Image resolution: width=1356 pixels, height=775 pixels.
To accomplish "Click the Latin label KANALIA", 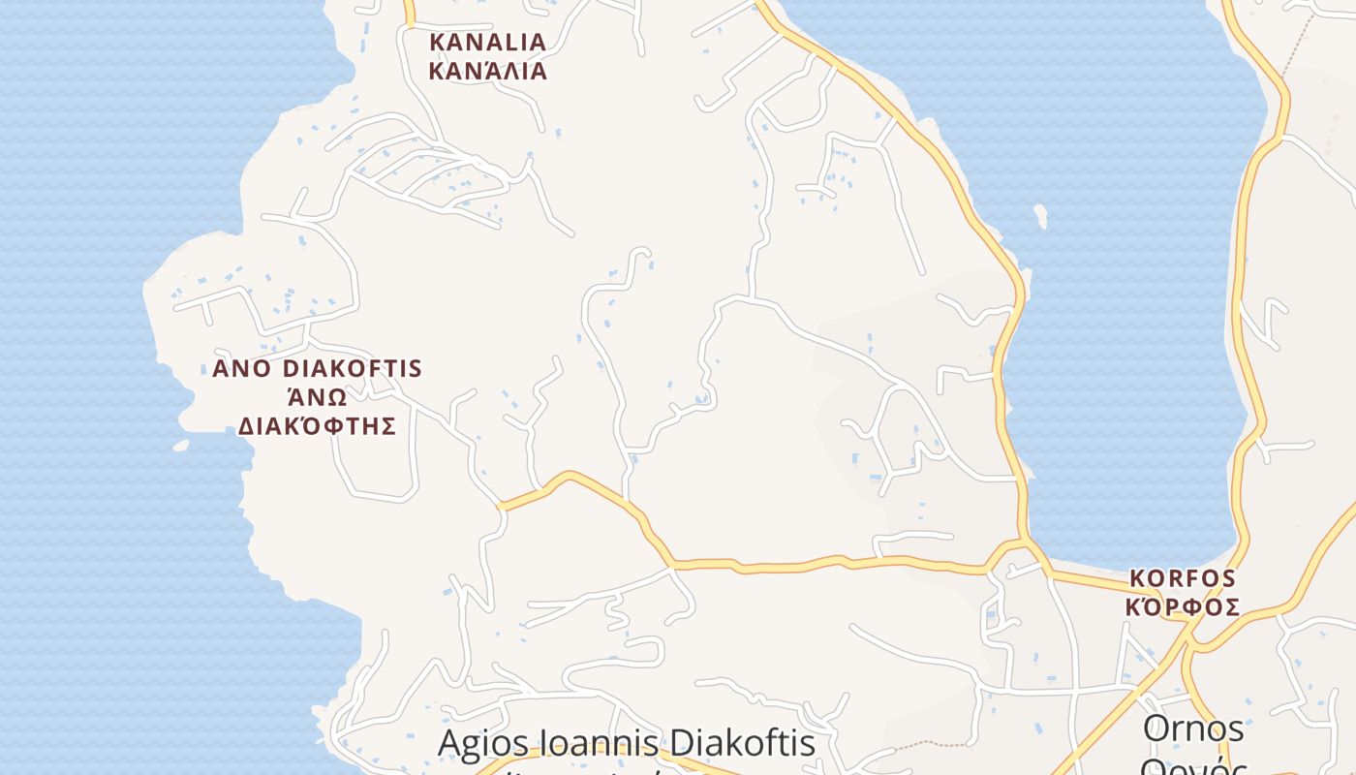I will [x=487, y=43].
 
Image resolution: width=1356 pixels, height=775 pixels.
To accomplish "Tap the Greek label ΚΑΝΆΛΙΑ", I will [x=487, y=72].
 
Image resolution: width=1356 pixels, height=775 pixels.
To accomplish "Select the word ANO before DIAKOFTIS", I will [x=242, y=369].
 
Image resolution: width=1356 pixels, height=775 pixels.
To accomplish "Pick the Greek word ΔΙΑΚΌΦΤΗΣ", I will [x=318, y=426].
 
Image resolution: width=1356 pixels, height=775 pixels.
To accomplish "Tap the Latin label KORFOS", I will [x=1183, y=579].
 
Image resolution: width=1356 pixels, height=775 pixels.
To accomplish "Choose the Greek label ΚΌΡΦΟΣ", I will [x=1183, y=607].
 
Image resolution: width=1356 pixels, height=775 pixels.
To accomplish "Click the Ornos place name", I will [x=1193, y=728].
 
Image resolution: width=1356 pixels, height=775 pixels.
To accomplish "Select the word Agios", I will [x=483, y=744].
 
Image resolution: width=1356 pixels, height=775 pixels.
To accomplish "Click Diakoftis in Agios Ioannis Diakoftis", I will [x=743, y=744].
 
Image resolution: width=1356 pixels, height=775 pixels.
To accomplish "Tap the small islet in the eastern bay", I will [x=1040, y=215].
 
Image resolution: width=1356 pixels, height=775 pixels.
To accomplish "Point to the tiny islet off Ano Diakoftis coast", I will [x=180, y=446].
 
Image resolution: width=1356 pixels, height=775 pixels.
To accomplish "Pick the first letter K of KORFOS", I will [x=1137, y=579].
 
